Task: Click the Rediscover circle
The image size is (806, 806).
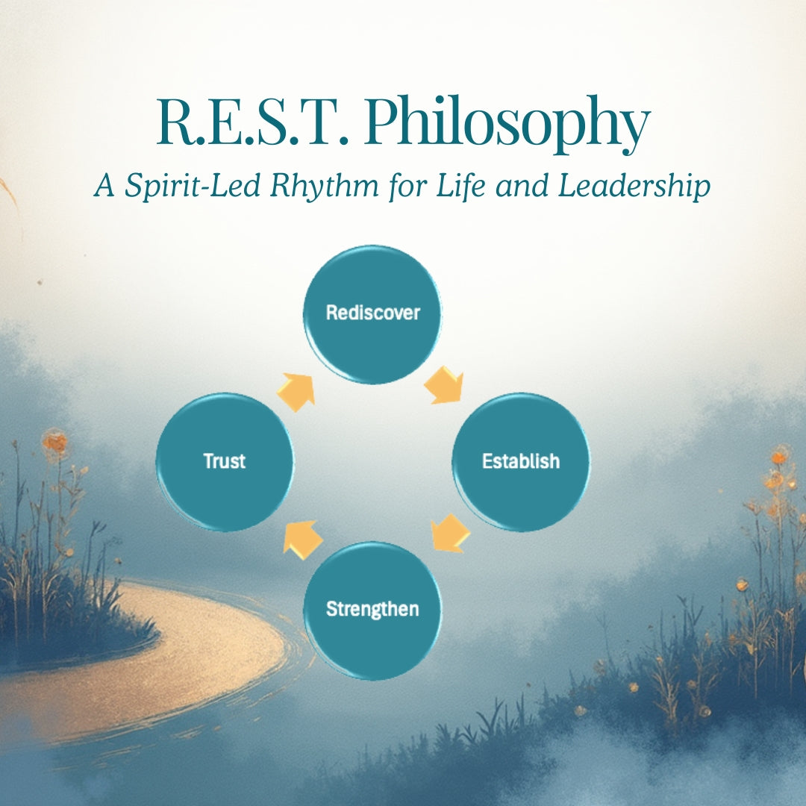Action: (x=372, y=315)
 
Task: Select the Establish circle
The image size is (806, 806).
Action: (x=521, y=462)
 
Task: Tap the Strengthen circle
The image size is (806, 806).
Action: (x=372, y=610)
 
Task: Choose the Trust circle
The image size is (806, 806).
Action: (x=225, y=462)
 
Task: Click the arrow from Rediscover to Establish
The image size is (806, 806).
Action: (x=445, y=385)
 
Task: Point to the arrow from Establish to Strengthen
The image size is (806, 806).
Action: (x=450, y=534)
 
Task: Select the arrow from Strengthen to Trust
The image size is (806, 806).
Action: (x=303, y=540)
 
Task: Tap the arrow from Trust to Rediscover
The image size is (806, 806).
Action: (x=296, y=392)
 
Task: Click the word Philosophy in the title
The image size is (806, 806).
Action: (x=507, y=123)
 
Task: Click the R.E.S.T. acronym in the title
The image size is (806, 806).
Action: (x=252, y=122)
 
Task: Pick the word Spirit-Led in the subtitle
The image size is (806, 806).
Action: (x=193, y=186)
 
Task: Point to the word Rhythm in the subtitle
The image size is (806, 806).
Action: (x=325, y=186)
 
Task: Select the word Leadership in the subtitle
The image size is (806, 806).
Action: (x=634, y=186)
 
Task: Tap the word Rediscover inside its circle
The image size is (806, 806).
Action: (x=372, y=313)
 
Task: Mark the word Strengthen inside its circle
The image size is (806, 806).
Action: (x=372, y=609)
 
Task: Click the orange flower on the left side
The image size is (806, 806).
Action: (x=54, y=442)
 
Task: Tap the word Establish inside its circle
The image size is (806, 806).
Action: (x=521, y=461)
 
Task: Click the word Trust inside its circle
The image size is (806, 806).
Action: (x=224, y=461)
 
